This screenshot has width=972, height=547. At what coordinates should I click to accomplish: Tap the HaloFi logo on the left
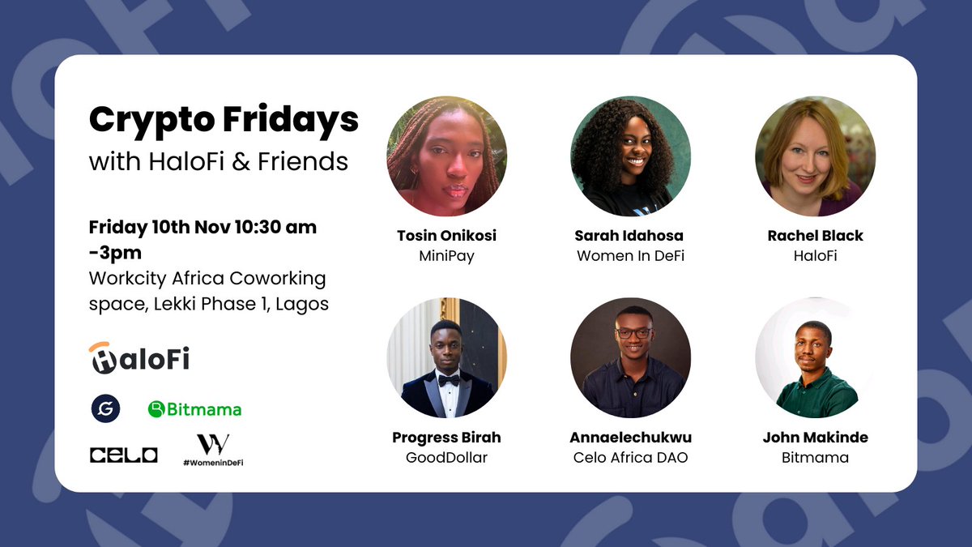(139, 357)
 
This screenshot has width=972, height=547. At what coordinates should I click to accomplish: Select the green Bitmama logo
(194, 409)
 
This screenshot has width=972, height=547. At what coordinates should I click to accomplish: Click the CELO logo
(123, 455)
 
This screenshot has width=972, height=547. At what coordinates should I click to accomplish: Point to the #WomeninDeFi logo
(213, 450)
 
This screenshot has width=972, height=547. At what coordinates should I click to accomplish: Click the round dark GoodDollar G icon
(105, 409)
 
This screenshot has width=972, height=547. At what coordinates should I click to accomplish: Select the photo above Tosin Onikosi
(447, 156)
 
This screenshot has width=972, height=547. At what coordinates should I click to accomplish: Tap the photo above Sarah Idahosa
(631, 156)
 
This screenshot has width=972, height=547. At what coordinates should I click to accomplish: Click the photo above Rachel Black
(815, 156)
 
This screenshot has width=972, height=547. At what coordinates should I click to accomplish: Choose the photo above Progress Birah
(447, 357)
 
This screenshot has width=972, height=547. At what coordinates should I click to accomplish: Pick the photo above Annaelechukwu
(631, 357)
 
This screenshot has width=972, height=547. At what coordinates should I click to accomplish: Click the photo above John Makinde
(815, 357)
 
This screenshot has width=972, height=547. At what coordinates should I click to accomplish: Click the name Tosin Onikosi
(446, 236)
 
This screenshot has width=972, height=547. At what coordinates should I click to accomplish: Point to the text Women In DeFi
(630, 256)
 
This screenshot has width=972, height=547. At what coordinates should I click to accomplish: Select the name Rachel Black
(815, 236)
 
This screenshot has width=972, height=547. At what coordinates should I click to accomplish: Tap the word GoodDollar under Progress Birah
(446, 458)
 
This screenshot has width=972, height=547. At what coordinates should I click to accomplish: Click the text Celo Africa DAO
(630, 458)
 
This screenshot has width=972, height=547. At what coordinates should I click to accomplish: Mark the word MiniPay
(446, 256)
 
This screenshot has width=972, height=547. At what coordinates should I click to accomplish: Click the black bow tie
(449, 380)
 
